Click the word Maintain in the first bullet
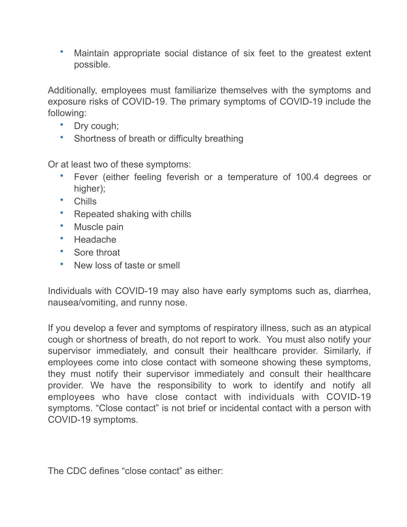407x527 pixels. click(x=91, y=53)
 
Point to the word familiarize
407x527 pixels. click(x=195, y=90)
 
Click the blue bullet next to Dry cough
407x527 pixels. click(x=62, y=125)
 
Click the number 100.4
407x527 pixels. click(x=307, y=177)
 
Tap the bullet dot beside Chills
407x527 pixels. click(x=62, y=200)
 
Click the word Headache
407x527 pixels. click(x=95, y=240)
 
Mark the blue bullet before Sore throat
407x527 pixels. click(x=62, y=251)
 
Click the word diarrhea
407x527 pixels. click(x=352, y=291)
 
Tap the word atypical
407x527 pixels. click(x=355, y=328)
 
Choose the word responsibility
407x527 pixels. click(x=184, y=385)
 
